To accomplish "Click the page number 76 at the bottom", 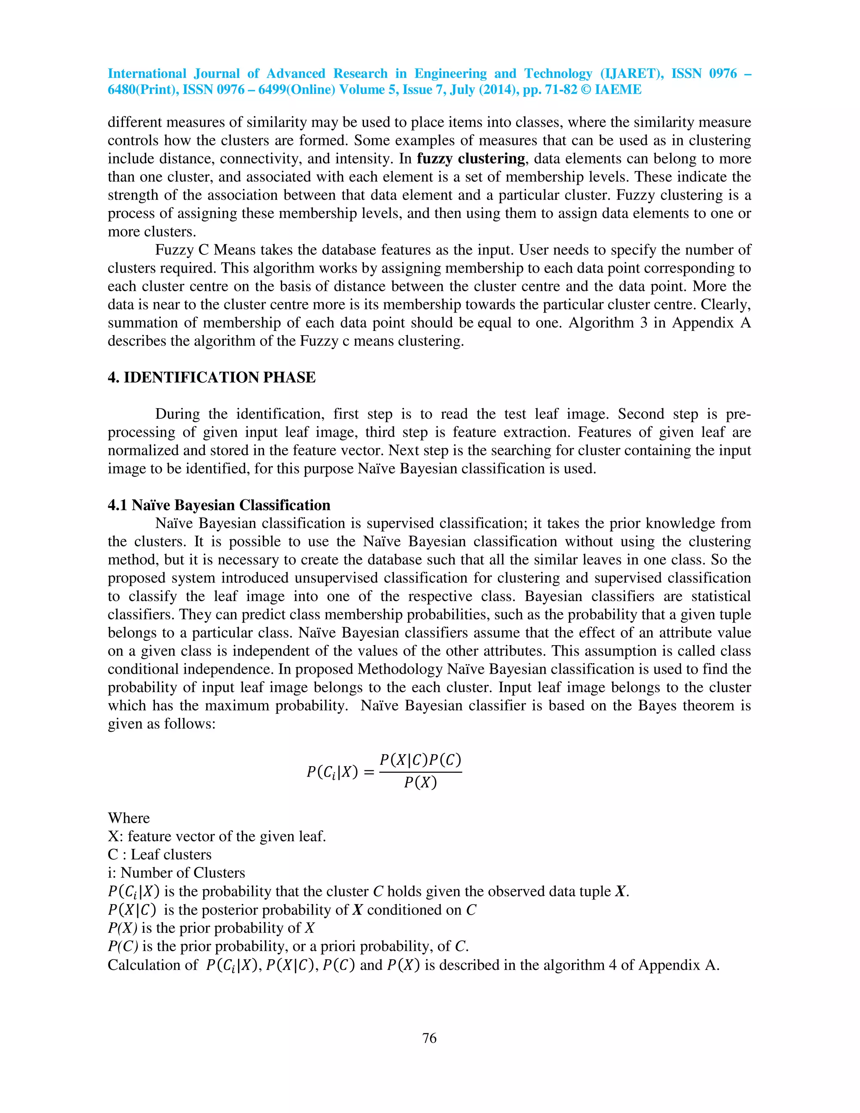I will click(429, 1038).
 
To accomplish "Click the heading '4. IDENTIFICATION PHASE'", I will click(212, 378).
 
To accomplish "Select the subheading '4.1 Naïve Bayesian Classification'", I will click(219, 505).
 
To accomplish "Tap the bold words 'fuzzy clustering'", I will click(471, 158).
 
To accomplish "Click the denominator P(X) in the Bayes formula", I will click(420, 782).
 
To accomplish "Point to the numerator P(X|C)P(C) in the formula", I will click(420, 760).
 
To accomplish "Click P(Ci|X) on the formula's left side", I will click(332, 772).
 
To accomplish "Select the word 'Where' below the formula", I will click(128, 818).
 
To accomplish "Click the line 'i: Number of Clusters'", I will click(176, 872).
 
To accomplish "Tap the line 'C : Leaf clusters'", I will click(160, 854).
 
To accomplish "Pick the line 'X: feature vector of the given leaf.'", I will click(217, 836).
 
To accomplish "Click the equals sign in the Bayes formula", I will click(370, 772).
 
